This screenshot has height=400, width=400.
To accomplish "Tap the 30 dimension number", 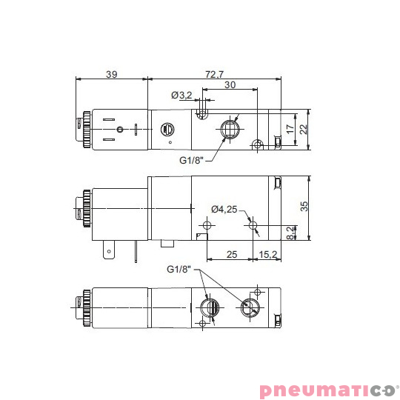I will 230,85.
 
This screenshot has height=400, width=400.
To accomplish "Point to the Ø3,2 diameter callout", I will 181,95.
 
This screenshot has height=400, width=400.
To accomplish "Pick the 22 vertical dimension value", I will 302,130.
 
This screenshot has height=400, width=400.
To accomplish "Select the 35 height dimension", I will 302,207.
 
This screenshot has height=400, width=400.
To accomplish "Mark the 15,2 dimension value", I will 268,256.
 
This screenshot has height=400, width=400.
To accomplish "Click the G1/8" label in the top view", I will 191,160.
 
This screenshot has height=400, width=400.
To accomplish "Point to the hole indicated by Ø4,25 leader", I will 253,224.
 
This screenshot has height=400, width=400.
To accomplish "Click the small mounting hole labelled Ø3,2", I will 202,115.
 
